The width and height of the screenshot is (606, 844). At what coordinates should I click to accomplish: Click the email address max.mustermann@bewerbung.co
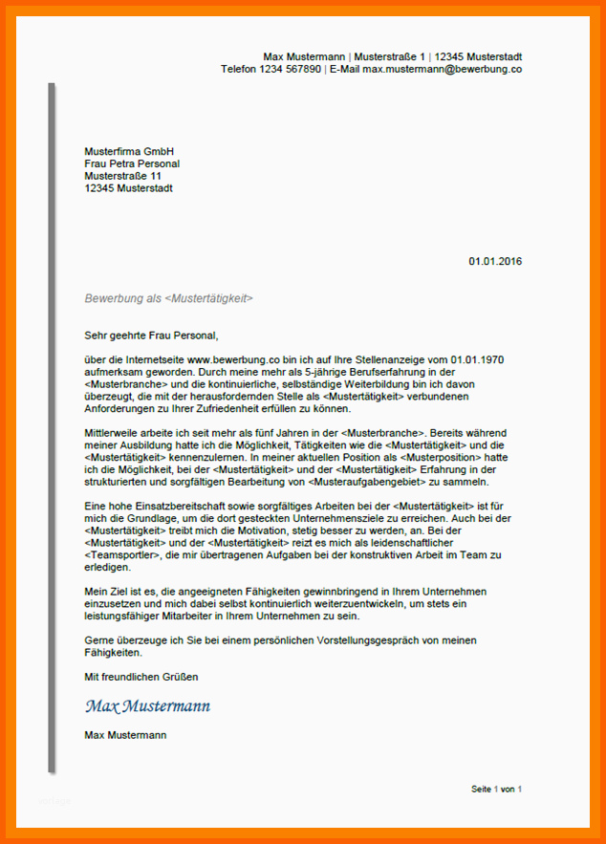(442, 69)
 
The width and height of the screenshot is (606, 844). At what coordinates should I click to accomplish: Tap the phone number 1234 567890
(291, 69)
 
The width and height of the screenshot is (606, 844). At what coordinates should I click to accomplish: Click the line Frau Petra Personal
(132, 163)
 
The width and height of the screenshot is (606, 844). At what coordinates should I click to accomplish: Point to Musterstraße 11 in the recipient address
(122, 176)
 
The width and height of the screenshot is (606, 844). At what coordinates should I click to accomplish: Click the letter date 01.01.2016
(495, 261)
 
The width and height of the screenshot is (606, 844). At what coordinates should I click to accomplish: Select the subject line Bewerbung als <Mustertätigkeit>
(168, 298)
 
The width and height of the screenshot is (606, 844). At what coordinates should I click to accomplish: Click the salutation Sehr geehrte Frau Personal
(151, 335)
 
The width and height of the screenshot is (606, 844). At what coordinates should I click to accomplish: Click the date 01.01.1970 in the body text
(476, 359)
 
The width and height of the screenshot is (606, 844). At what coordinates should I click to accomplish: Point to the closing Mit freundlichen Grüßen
(141, 677)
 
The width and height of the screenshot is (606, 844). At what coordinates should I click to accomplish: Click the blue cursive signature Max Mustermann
(147, 706)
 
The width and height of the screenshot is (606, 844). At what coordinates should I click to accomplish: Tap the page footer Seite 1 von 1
(496, 789)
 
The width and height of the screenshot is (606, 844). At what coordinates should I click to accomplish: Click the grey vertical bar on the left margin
(52, 430)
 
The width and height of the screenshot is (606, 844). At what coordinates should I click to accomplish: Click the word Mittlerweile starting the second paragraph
(113, 434)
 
